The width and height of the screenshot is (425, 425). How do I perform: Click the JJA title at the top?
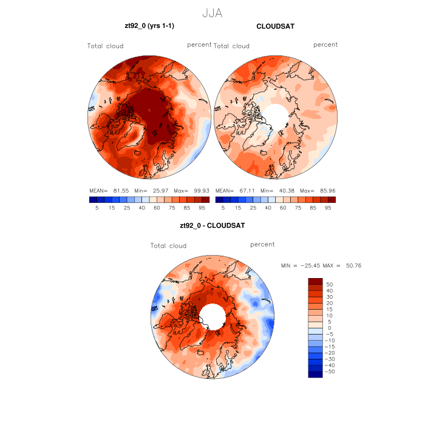coord(212,12)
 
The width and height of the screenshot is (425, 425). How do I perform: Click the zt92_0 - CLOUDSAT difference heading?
coord(212,225)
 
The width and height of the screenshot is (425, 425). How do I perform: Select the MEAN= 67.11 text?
coord(235,190)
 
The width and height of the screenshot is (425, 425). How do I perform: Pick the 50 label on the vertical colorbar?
coord(330,284)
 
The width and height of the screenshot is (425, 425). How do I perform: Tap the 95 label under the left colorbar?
coord(205,208)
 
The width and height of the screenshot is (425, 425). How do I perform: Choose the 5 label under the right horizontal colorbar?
coord(223,208)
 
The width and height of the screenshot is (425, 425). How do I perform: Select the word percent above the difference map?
coord(262,245)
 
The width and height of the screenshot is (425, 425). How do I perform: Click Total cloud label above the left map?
coord(106,46)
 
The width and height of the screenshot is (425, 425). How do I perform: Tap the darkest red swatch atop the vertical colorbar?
coord(315,281)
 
